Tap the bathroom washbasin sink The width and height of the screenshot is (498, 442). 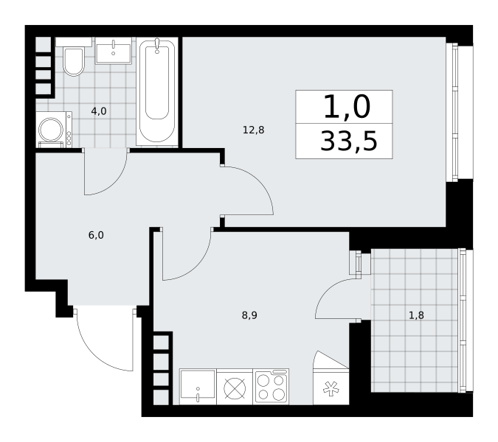point(114,51)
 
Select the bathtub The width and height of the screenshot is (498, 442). point(157,92)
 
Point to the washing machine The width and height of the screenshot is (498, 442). point(54,130)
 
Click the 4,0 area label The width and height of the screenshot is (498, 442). point(99,111)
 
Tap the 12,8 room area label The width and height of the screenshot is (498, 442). point(254,130)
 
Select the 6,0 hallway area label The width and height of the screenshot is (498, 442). point(96,235)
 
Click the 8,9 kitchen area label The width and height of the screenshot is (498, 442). point(249,315)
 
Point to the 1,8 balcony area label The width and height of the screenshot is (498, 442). point(416,315)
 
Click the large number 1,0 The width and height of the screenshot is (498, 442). point(347,107)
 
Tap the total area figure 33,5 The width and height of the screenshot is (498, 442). point(348,141)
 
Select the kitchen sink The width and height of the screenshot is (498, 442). point(198,387)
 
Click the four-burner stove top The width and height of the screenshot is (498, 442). point(271,387)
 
